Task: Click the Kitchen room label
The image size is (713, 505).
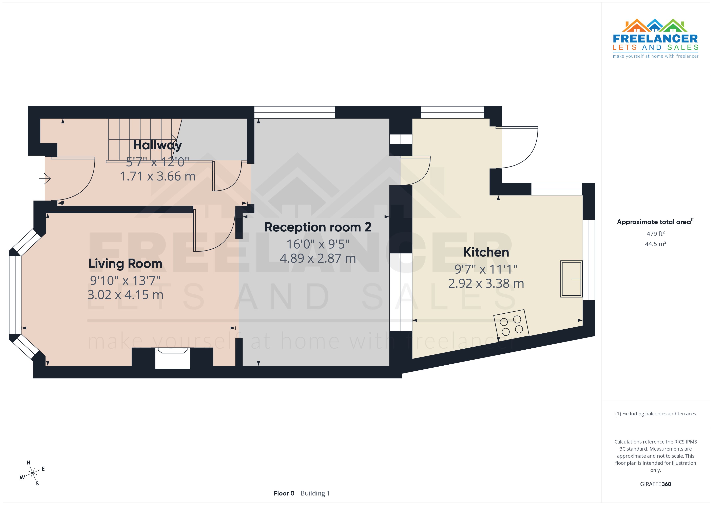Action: (486, 252)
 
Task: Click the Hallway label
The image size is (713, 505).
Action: (157, 145)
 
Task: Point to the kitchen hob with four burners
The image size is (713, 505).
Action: (511, 325)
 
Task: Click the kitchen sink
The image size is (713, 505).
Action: (571, 279)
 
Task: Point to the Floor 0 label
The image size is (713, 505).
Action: (284, 493)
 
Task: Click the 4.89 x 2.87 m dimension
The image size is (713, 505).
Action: (318, 258)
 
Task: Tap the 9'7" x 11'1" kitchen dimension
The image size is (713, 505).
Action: (486, 269)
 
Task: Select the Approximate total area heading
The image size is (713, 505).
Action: (655, 222)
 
